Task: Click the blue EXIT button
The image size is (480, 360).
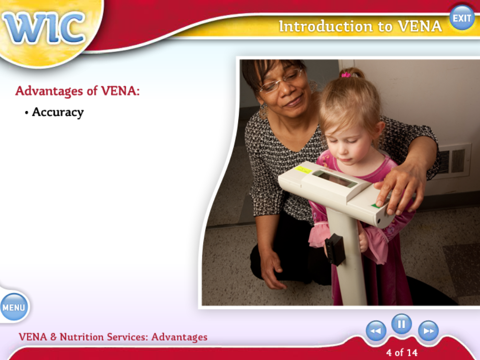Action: (462, 18)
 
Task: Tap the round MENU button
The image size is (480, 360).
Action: (14, 307)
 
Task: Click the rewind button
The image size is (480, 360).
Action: (376, 331)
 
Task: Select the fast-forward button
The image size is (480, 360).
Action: (428, 331)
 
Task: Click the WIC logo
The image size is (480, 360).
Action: (43, 28)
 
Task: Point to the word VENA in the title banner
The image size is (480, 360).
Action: (420, 26)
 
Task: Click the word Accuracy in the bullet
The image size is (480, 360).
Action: (57, 112)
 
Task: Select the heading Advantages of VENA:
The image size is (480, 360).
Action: (77, 91)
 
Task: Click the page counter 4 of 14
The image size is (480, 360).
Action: (402, 353)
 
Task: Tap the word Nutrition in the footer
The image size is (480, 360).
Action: (82, 337)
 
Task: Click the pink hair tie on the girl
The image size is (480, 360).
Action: (346, 74)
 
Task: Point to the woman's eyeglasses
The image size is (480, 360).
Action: (281, 81)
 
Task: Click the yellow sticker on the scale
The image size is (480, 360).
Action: (303, 170)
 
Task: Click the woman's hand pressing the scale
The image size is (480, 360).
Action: (398, 190)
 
